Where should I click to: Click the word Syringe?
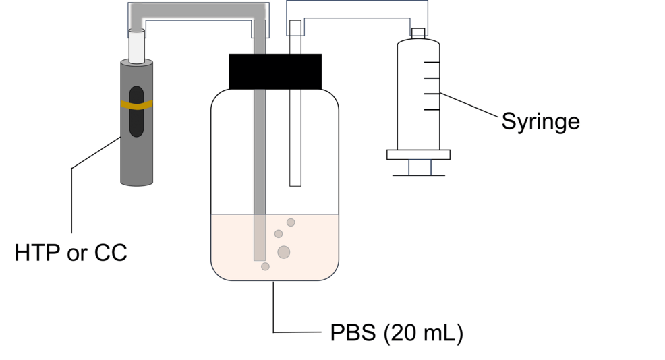click(540, 122)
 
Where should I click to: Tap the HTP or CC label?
click(71, 253)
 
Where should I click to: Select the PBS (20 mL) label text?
click(397, 333)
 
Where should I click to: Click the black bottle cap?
click(275, 71)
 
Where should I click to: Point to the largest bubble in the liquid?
click(284, 252)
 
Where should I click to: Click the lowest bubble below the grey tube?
click(265, 266)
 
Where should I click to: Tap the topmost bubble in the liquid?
click(291, 222)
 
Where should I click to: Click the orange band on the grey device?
click(136, 104)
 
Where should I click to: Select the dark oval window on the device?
click(136, 111)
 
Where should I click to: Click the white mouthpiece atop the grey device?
click(136, 47)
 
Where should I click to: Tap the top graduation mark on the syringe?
click(432, 62)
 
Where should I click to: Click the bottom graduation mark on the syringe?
click(432, 109)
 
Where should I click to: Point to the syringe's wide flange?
click(418, 155)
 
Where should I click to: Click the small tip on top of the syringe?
click(418, 34)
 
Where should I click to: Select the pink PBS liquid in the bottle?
click(274, 247)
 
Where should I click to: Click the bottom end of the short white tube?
click(295, 185)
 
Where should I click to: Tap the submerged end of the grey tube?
click(260, 260)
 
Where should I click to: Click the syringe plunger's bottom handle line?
click(419, 175)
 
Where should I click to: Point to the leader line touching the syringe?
click(469, 104)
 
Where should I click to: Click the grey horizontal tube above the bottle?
click(198, 11)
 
